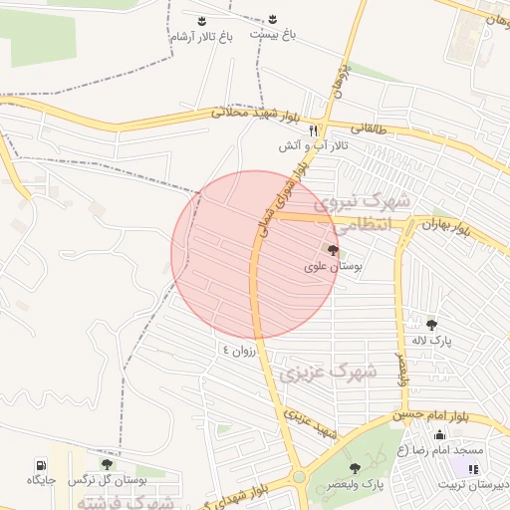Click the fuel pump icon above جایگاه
(40, 464)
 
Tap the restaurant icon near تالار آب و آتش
(313, 129)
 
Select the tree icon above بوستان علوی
(332, 252)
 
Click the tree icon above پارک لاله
(431, 325)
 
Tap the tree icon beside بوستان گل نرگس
(107, 464)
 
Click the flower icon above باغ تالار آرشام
(202, 20)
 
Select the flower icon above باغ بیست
(273, 20)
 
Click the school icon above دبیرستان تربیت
(472, 468)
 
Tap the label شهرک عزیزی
(328, 374)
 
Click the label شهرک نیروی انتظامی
(371, 212)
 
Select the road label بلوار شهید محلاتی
(255, 114)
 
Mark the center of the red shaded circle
(255, 254)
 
